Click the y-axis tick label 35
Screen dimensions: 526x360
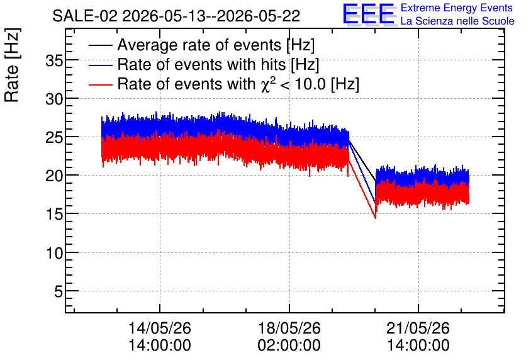54,62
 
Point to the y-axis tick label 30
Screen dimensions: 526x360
54,99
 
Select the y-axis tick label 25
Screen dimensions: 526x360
54,138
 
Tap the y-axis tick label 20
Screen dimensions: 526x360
54,176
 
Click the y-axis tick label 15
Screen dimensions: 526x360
54,215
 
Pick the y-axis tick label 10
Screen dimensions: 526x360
54,253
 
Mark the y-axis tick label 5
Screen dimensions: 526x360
59,292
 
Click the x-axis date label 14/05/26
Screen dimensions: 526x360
160,328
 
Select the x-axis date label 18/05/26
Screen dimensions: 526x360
289,328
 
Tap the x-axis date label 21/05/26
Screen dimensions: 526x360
418,328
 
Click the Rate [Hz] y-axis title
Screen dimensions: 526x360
12,65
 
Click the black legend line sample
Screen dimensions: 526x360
100,45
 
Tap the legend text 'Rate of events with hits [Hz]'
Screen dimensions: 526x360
218,65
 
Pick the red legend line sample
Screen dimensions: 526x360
100,84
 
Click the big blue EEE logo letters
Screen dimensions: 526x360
369,14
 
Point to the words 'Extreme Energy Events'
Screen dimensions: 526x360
457,8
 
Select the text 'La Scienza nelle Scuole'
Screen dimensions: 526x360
457,21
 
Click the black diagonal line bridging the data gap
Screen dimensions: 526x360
362,160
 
